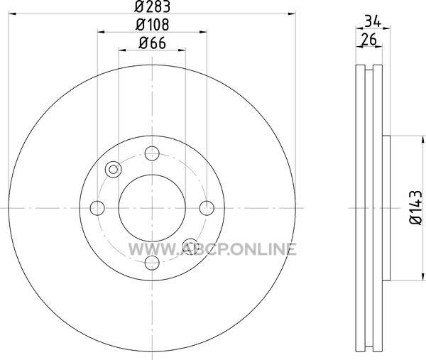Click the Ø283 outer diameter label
pos(152,6)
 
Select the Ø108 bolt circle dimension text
pos(152,24)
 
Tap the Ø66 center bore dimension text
pos(152,43)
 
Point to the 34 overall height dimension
pos(373,21)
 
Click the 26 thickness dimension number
pos(368,39)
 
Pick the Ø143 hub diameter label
pos(416,207)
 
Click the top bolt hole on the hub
pos(152,153)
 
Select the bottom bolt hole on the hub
pos(152,263)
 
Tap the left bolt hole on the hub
pos(97,208)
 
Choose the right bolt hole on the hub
pos(207,208)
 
